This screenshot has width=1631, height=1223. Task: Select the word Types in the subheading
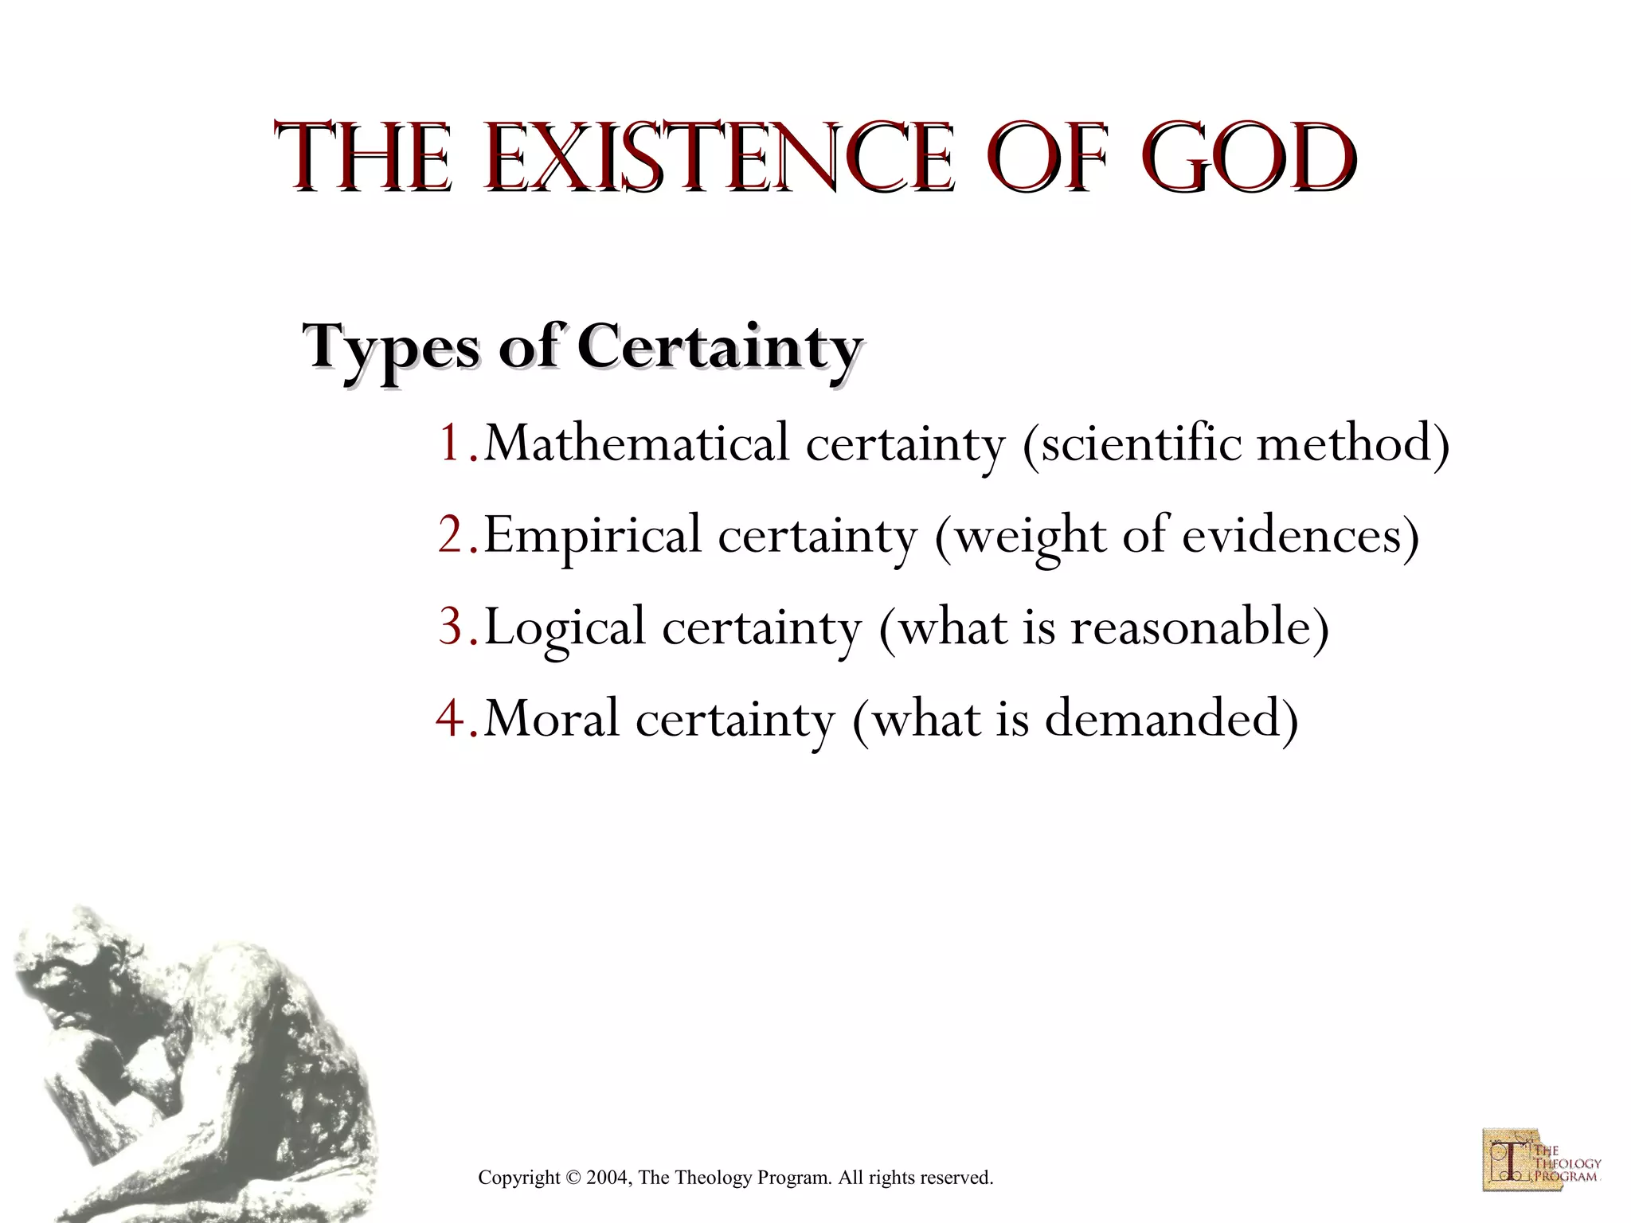pyautogui.click(x=390, y=349)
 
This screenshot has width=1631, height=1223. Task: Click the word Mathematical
pyautogui.click(x=636, y=443)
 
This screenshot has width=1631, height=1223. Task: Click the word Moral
pyautogui.click(x=551, y=718)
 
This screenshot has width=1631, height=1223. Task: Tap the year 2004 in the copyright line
pyautogui.click(x=608, y=1178)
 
